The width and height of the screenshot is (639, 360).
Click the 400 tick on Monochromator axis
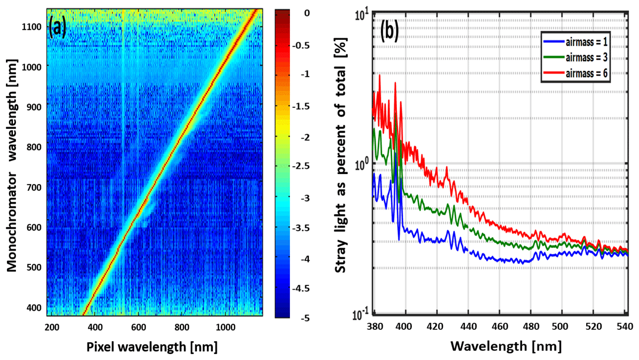[36, 307]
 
